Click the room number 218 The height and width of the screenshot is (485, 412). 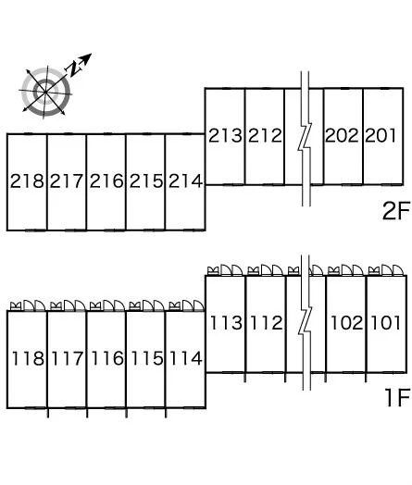tap(27, 180)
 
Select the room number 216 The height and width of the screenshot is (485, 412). tap(106, 180)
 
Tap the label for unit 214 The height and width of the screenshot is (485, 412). tap(185, 180)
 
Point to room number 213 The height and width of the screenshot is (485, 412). tap(225, 135)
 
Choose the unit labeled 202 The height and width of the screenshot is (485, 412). tap(342, 135)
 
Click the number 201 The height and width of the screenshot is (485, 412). tap(381, 135)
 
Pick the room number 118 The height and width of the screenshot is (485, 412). tap(28, 358)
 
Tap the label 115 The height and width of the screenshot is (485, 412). tap(146, 358)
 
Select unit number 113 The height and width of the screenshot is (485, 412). tap(226, 323)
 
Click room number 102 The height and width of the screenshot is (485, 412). tap(347, 323)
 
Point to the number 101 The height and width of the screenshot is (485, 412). tap(385, 323)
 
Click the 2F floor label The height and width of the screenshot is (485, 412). tap(396, 211)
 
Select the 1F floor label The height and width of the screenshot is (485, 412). tap(398, 397)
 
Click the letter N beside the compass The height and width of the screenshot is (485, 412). tap(74, 68)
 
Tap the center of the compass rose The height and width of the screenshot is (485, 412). tap(45, 92)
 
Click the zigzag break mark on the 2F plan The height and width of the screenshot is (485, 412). tap(306, 139)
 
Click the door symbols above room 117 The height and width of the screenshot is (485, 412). tap(68, 305)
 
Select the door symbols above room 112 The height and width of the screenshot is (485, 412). tap(266, 270)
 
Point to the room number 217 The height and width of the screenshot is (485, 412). tap(67, 180)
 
